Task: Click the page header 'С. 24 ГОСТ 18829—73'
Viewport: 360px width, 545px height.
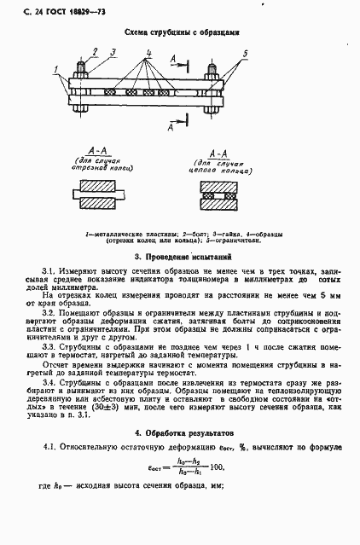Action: point(49,10)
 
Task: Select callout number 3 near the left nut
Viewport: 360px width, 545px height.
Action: point(113,51)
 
